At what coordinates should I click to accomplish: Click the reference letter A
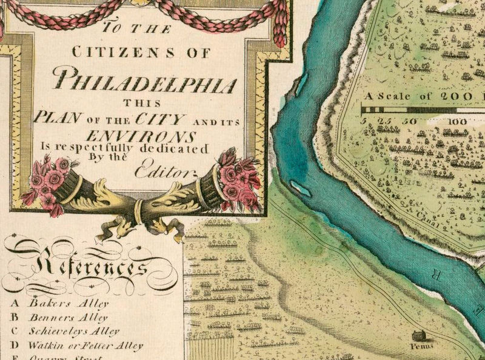pyautogui.click(x=15, y=302)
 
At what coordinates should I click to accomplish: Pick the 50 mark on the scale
pyautogui.click(x=409, y=122)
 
